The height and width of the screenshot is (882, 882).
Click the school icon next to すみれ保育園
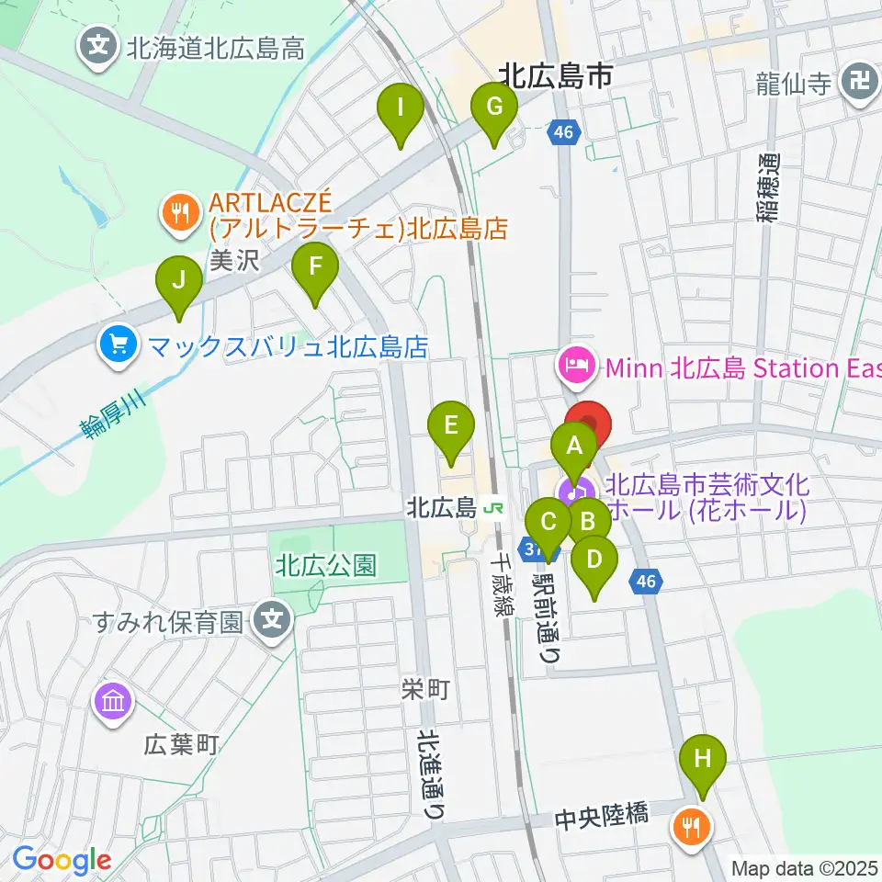coord(272,623)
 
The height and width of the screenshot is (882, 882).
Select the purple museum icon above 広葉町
coord(113,704)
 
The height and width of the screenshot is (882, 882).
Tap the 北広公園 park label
coord(325,565)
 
